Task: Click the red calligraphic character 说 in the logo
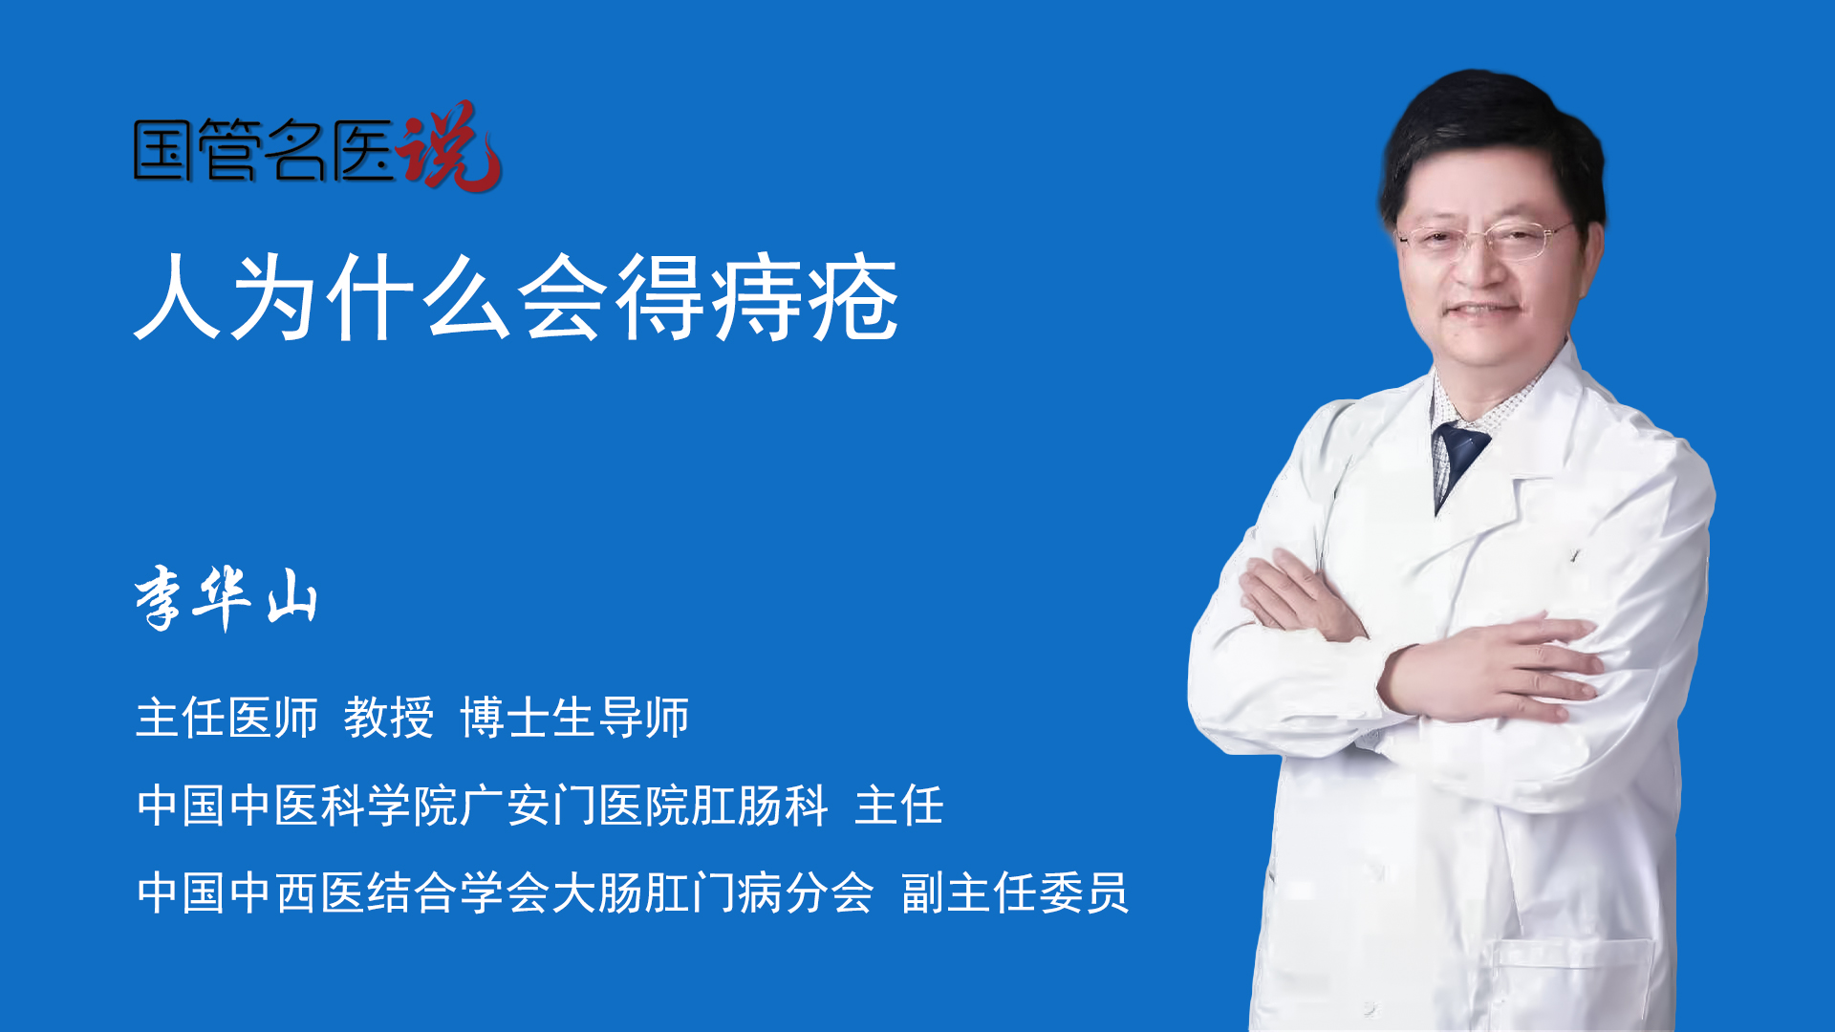point(449,146)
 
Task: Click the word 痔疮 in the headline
point(804,298)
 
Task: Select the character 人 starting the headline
point(178,298)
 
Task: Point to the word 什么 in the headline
point(419,298)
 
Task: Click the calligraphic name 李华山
point(226,598)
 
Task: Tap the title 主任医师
point(227,718)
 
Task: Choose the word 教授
point(389,718)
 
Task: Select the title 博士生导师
point(574,718)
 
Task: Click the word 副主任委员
point(1015,893)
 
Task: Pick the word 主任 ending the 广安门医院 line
point(899,806)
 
